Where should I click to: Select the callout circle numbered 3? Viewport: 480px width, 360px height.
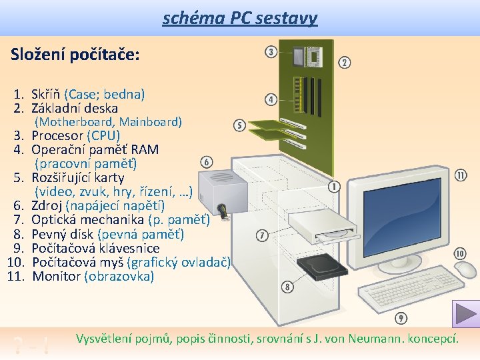[271, 52]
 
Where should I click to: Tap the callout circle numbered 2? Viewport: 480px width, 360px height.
[345, 63]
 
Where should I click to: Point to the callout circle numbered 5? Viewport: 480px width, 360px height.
[240, 125]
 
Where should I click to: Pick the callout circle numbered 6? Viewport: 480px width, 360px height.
[207, 162]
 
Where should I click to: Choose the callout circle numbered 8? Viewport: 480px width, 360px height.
[287, 287]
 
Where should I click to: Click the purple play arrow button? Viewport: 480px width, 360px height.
[465, 314]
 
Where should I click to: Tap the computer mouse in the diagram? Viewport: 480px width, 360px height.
[465, 270]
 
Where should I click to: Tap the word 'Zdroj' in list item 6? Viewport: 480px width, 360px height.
[47, 206]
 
